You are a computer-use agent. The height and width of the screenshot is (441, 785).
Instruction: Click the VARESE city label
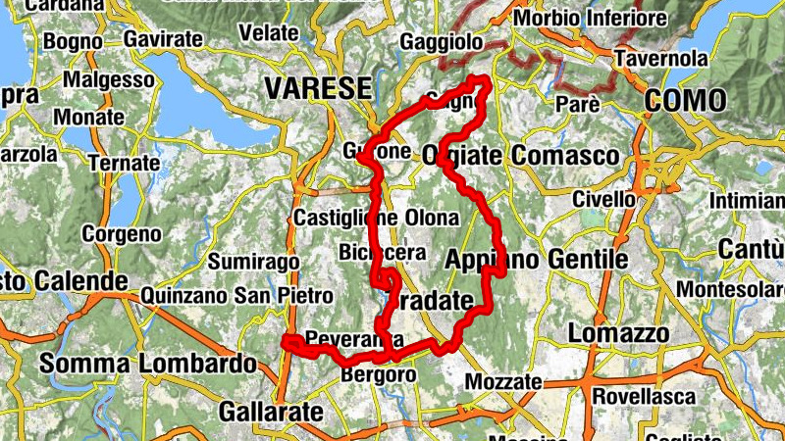[x=318, y=88]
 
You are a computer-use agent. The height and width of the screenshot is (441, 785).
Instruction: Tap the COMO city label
[x=686, y=100]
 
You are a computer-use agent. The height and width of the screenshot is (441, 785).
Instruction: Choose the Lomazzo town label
[x=618, y=333]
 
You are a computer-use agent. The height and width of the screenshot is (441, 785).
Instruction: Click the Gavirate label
[x=164, y=39]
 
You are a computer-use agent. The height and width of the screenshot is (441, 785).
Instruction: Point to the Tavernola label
[x=660, y=59]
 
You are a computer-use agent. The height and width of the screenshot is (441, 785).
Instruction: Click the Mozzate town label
[x=503, y=380]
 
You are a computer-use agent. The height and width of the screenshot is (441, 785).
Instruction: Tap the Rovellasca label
[x=643, y=397]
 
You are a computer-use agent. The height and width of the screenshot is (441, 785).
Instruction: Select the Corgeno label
[x=122, y=234]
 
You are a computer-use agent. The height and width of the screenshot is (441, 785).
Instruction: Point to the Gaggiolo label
[x=442, y=42]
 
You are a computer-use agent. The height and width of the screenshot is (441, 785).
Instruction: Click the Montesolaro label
[x=732, y=291]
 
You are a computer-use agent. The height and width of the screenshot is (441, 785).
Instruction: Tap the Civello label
[x=603, y=200]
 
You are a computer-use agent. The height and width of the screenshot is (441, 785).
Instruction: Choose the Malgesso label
[x=99, y=78]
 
